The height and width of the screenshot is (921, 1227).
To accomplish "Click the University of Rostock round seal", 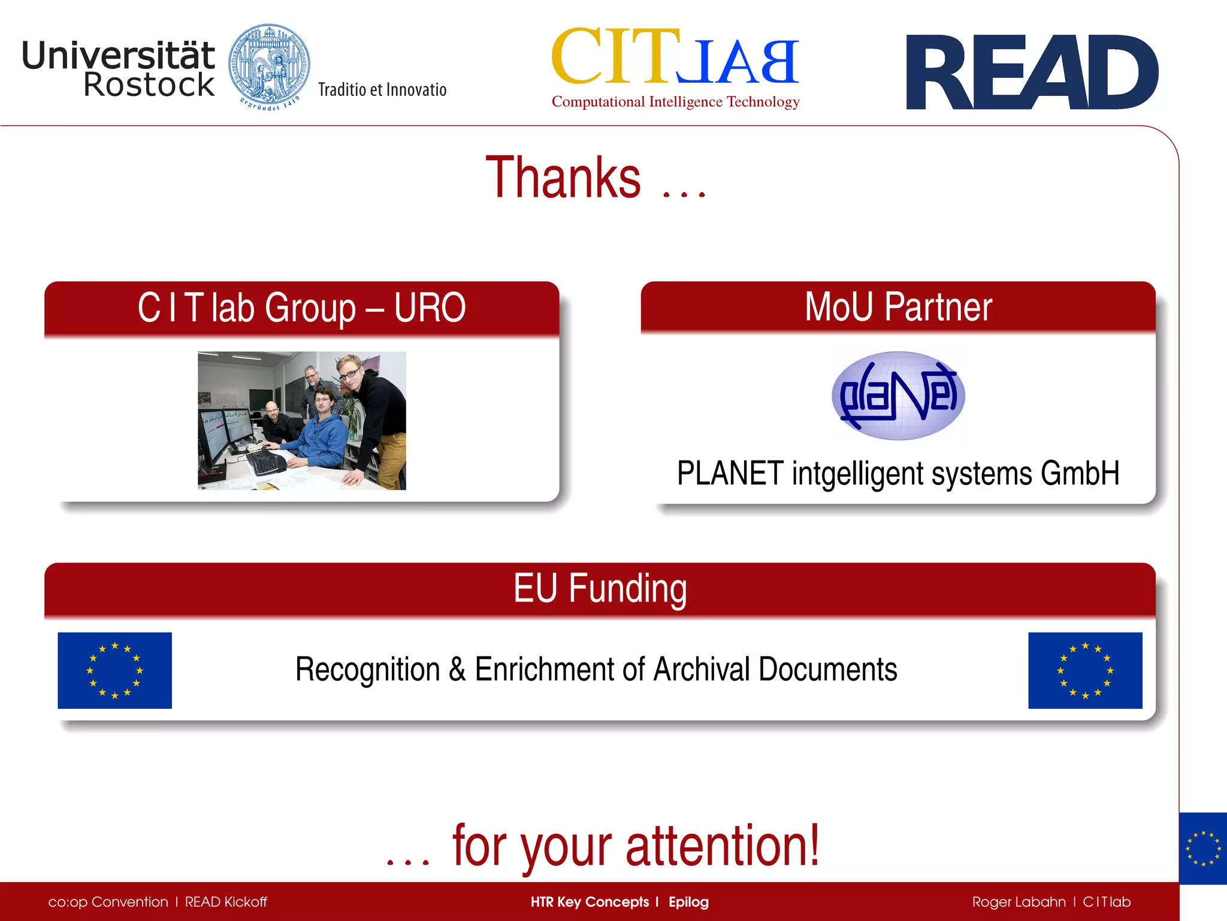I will pyautogui.click(x=269, y=67).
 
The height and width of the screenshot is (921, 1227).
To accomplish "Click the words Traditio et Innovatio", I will pyautogui.click(x=382, y=90).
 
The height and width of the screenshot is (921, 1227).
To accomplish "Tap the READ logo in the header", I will pyautogui.click(x=1032, y=73).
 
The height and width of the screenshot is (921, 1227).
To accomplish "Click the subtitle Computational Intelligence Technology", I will pyautogui.click(x=675, y=102).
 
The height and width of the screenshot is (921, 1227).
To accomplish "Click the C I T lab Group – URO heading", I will pyautogui.click(x=301, y=308).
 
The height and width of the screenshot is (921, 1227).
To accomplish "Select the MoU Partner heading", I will pyautogui.click(x=897, y=307).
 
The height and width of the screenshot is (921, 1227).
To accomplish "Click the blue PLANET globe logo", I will pyautogui.click(x=897, y=396).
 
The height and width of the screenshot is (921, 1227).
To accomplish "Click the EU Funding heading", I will pyautogui.click(x=600, y=589).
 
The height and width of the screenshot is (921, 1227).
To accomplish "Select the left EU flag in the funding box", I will pyautogui.click(x=114, y=670).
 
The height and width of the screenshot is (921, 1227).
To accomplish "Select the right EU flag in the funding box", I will pyautogui.click(x=1085, y=670).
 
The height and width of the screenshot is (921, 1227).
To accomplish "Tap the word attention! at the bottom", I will pyautogui.click(x=722, y=846).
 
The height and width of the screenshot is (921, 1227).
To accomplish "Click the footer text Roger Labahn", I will pyautogui.click(x=1019, y=902).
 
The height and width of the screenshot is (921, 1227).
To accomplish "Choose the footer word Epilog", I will pyautogui.click(x=688, y=902).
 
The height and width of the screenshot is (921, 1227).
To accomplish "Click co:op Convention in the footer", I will pyautogui.click(x=108, y=902).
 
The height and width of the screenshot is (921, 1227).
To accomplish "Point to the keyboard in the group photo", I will pyautogui.click(x=266, y=462).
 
